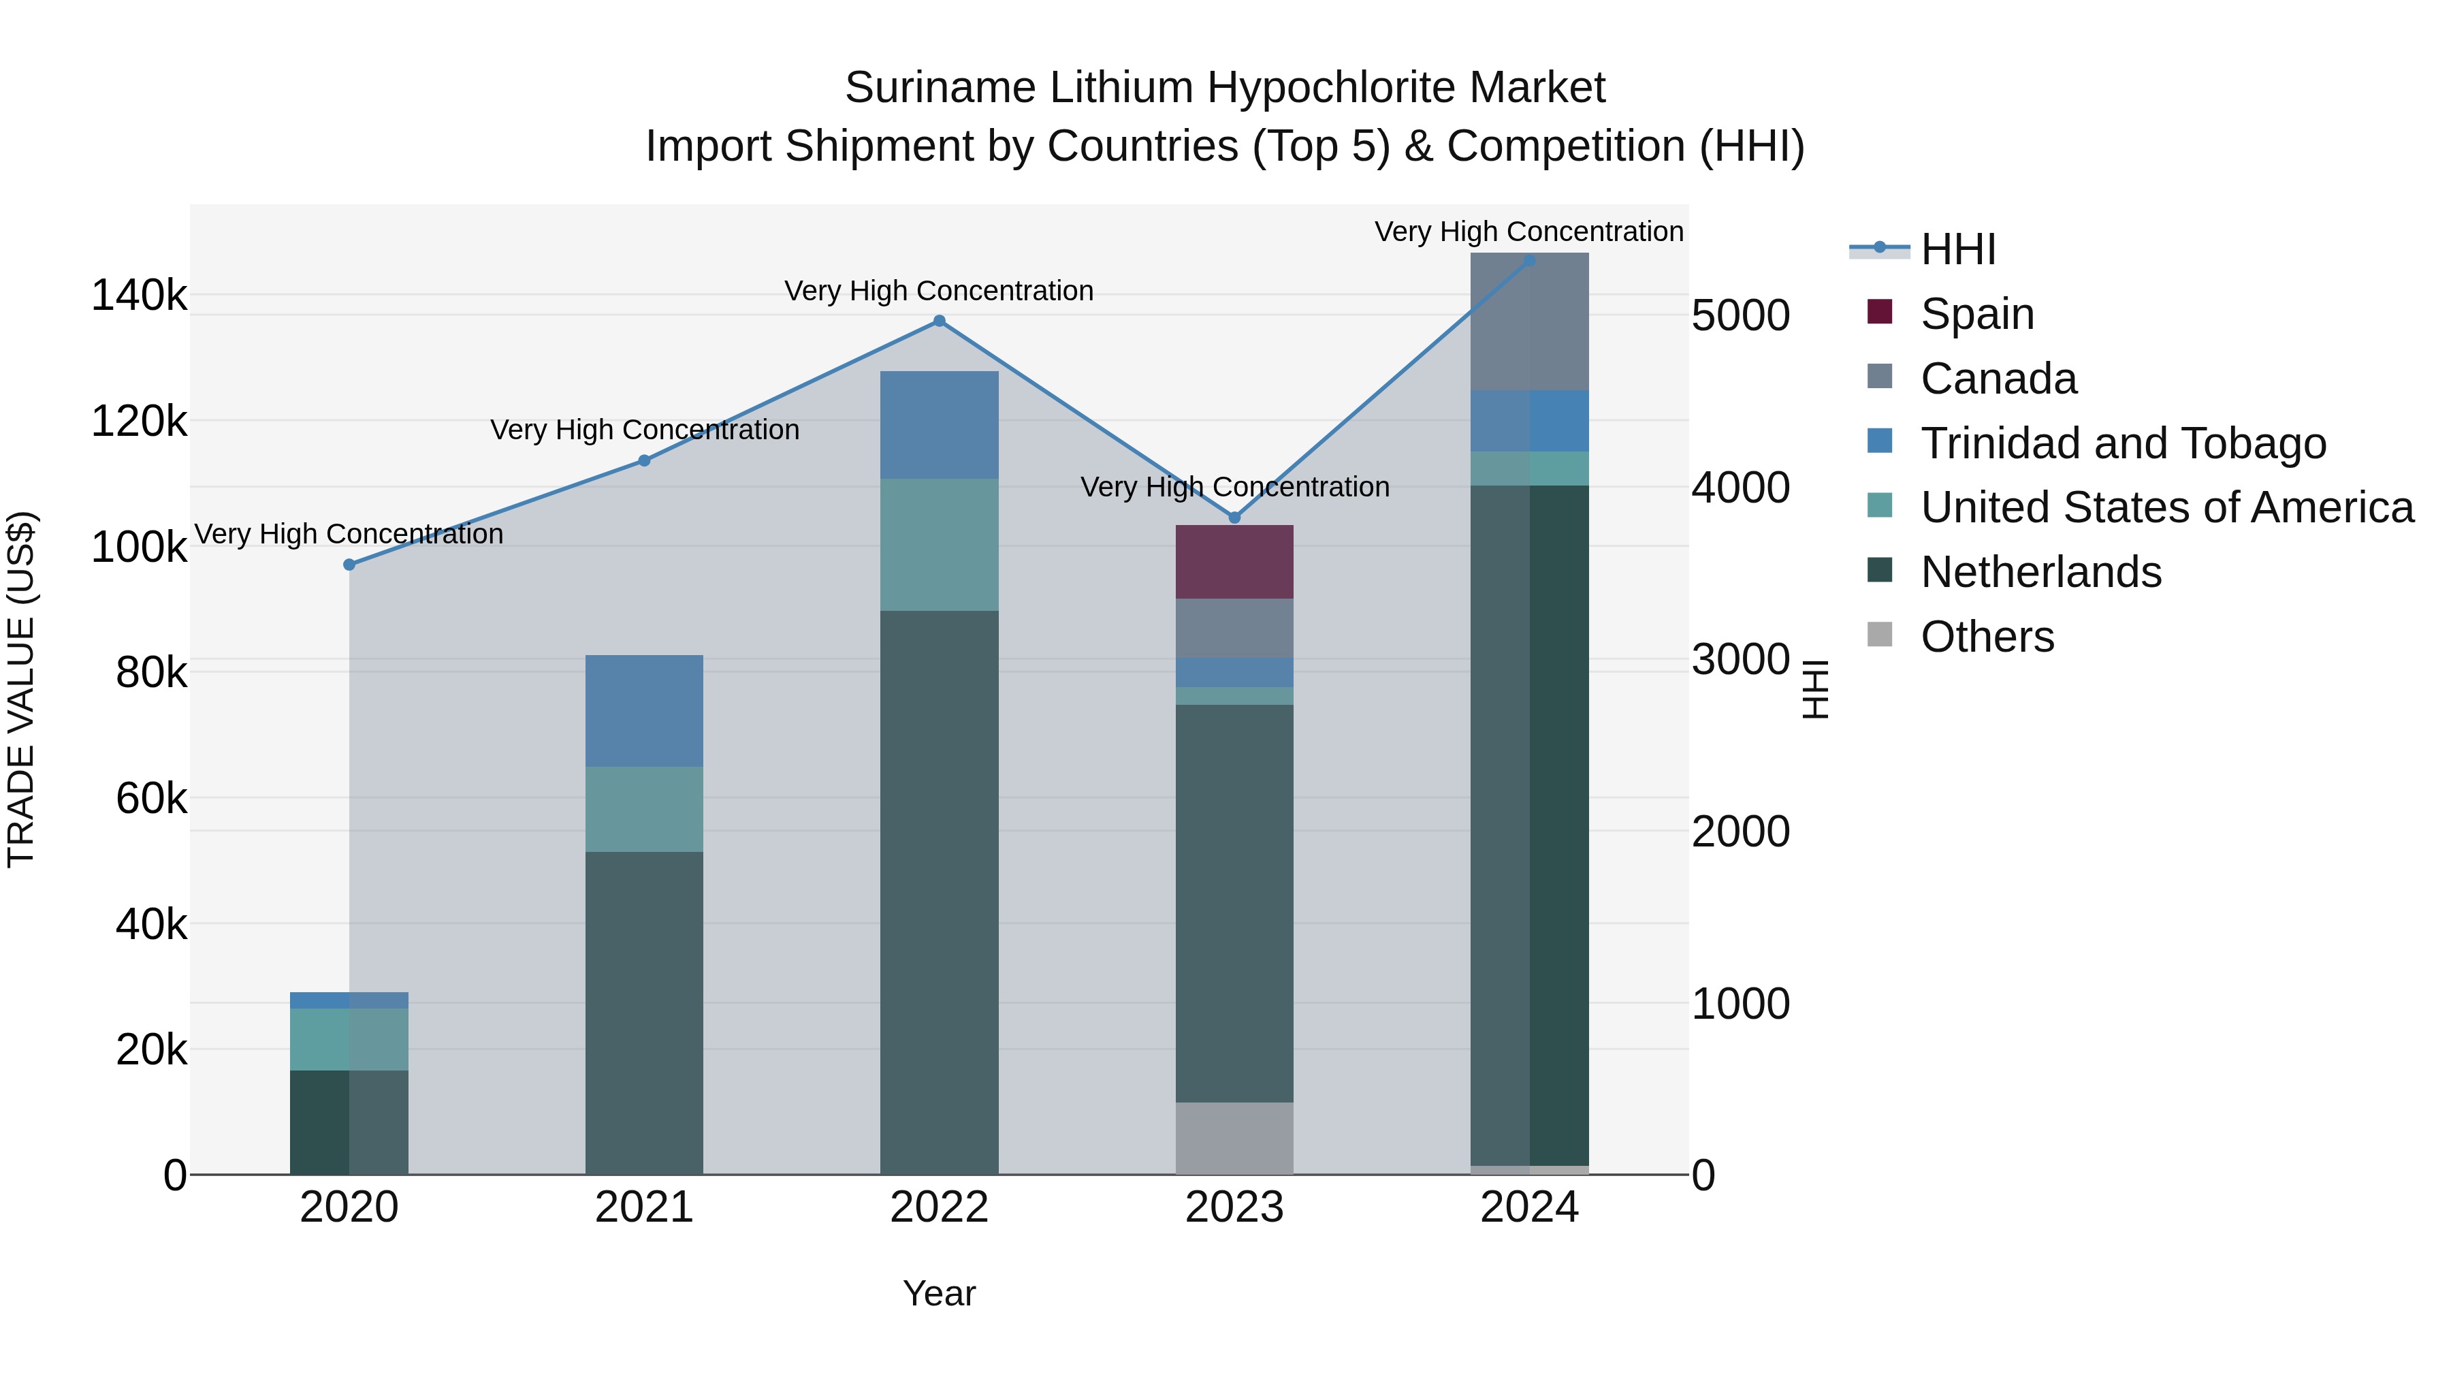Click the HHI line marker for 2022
(x=939, y=321)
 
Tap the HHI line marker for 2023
(x=1235, y=518)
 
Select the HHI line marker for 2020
(x=349, y=565)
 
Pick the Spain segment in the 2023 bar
(x=1234, y=562)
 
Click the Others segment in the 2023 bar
(x=1234, y=1137)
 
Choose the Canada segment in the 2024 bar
(x=1529, y=321)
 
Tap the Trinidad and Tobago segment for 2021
(x=644, y=710)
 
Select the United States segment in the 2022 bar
(x=939, y=544)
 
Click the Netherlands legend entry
(x=2041, y=572)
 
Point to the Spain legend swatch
(x=1879, y=312)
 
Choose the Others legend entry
(x=1987, y=637)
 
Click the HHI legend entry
(x=1957, y=249)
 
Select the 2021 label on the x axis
(x=644, y=1207)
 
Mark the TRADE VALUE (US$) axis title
(x=21, y=689)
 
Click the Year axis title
(x=939, y=1293)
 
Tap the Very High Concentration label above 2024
(x=1529, y=232)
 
